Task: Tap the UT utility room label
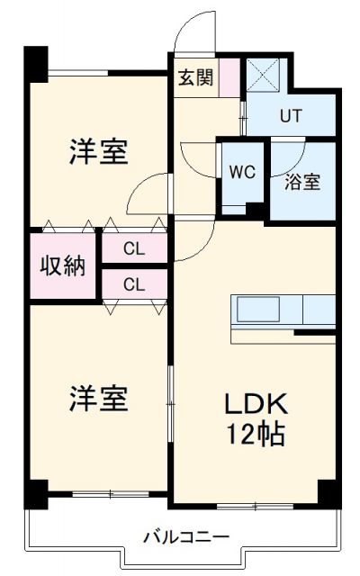pos(289,115)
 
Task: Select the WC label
pos(240,170)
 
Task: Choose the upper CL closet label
pos(134,247)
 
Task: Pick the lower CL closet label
pos(134,285)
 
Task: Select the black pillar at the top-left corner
pos(35,61)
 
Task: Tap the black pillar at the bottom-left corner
pos(35,491)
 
